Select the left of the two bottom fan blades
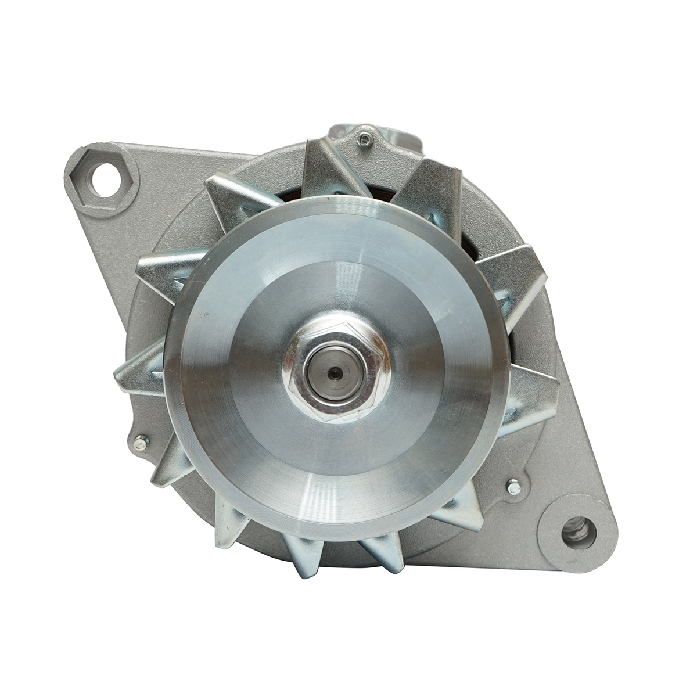(302, 555)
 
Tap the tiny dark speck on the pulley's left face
(204, 315)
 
